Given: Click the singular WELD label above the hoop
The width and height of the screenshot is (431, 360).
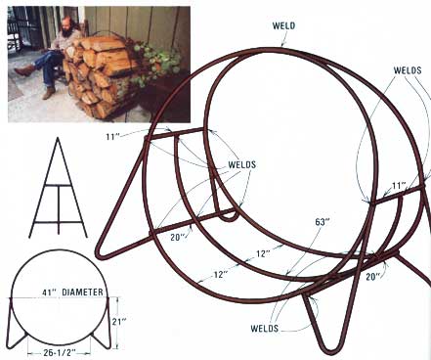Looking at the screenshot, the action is [283, 25].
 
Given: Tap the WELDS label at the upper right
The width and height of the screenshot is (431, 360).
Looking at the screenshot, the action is [408, 70].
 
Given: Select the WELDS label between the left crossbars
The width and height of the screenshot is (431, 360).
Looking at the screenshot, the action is [241, 164].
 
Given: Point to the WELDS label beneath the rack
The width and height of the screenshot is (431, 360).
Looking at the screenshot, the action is [265, 328].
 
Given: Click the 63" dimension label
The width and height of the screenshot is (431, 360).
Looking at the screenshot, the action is [323, 222].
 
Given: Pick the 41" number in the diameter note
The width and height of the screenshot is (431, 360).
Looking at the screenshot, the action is [50, 292].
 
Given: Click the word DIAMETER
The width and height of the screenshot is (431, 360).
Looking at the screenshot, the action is [82, 292].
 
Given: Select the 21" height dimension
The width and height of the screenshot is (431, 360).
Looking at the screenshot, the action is [119, 322].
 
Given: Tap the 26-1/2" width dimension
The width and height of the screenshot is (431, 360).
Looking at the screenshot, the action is [60, 352].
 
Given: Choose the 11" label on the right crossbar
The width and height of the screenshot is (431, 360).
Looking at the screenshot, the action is [399, 186].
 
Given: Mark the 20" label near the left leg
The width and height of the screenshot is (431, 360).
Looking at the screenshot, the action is [178, 237].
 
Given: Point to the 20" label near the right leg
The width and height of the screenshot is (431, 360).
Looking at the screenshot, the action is [372, 277].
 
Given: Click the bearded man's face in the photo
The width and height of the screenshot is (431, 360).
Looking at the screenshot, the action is [68, 24].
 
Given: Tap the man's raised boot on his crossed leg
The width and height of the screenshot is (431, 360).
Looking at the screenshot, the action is [25, 70].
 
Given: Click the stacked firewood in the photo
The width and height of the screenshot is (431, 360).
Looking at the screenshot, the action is [98, 75].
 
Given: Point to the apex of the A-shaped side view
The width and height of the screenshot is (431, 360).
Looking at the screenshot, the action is [58, 138].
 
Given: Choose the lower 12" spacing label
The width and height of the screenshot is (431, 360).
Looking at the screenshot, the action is [221, 274].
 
